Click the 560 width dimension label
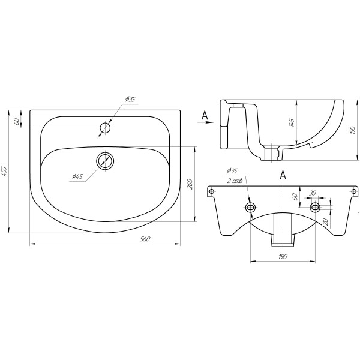click(145, 239)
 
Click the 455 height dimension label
click(5, 171)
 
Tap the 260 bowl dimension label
click(190, 184)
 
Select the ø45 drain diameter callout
click(77, 176)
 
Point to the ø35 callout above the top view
click(130, 99)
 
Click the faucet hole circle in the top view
click(105, 128)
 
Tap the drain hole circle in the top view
click(105, 161)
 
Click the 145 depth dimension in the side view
click(292, 123)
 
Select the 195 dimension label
click(353, 130)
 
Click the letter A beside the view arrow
click(205, 115)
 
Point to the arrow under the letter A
click(206, 122)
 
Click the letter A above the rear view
click(283, 175)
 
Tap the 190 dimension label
click(283, 256)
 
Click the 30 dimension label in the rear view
click(312, 193)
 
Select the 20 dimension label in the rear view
click(325, 222)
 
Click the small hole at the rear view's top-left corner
click(212, 191)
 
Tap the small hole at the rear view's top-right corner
click(355, 191)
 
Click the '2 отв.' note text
click(235, 181)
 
